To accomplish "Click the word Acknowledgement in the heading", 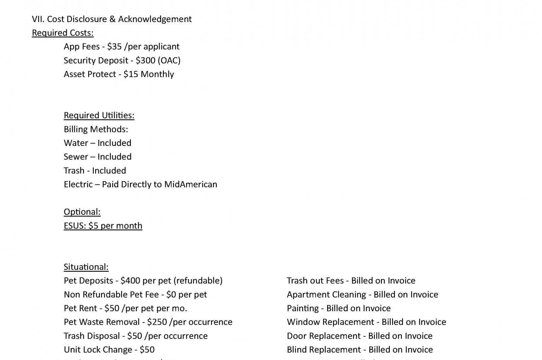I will pos(155,19).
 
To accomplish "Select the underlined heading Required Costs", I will pos(63,33).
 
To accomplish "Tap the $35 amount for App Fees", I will pos(114,46).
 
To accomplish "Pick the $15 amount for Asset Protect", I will pos(130,74).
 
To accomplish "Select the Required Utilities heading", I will pos(99,115).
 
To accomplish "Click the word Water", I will pos(76,143).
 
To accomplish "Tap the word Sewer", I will pos(76,157).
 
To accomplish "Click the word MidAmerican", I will pos(190,184).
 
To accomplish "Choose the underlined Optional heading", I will pos(82,212).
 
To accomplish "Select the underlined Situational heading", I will pos(86,267).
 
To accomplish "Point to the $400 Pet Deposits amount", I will pos(130,281).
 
